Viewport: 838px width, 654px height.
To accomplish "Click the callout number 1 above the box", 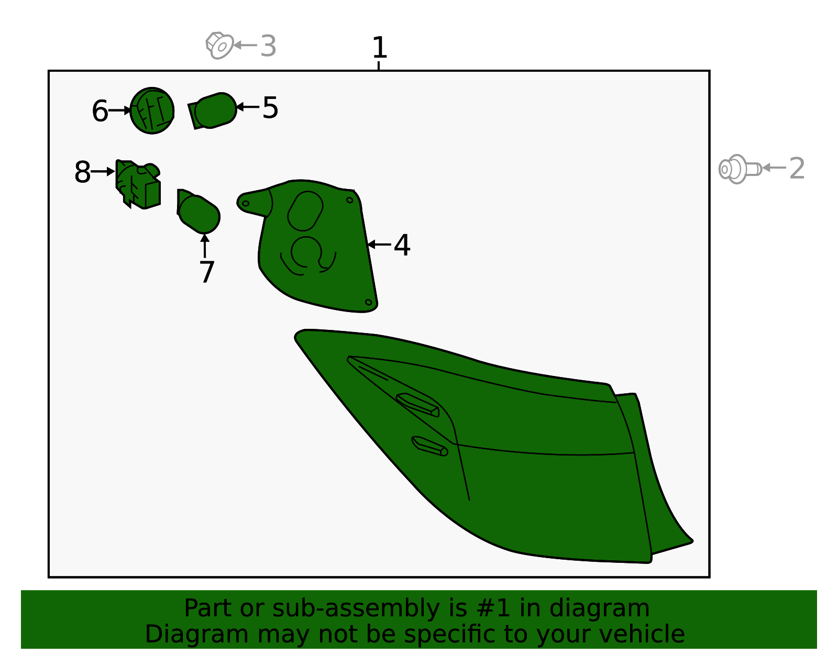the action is point(380,48).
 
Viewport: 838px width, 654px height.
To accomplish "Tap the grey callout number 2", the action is point(797,169).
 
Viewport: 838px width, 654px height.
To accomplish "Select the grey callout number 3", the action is point(268,46).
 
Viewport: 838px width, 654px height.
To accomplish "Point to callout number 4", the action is point(402,245).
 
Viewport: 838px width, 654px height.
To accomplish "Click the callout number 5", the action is point(270,107).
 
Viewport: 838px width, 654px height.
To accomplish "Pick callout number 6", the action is point(100,111).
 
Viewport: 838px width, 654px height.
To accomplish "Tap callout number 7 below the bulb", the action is point(207,272).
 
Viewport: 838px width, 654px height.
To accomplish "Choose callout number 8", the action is point(83,172).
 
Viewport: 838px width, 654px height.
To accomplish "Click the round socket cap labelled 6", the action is point(152,110).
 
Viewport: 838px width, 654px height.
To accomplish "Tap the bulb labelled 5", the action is point(213,110).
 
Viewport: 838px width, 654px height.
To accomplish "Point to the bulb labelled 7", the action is point(199,211).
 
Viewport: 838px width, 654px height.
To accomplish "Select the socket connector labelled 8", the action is point(138,184).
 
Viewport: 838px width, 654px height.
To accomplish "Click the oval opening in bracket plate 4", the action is point(305,211).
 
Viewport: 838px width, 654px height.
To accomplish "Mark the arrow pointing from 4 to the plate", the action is point(379,245).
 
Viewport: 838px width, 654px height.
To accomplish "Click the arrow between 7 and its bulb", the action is point(205,246).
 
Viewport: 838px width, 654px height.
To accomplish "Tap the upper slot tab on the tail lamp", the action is point(417,405).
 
